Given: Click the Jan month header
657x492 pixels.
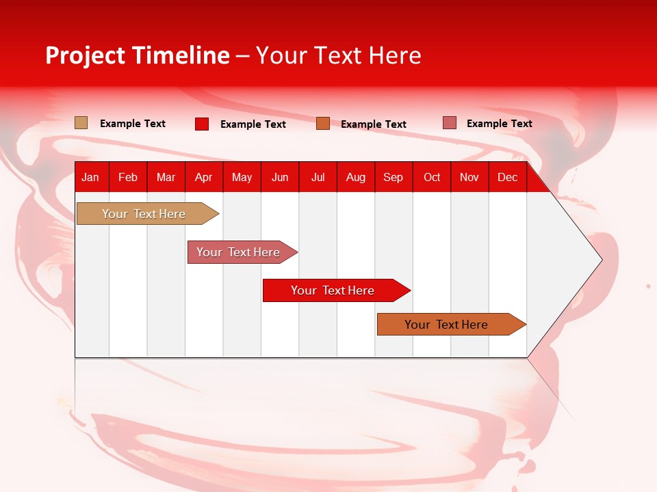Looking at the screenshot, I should pyautogui.click(x=90, y=178).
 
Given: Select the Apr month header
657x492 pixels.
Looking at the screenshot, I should pyautogui.click(x=204, y=178).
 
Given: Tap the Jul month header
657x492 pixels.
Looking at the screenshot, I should pyautogui.click(x=318, y=178).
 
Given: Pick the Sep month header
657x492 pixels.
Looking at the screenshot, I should pyautogui.click(x=393, y=178).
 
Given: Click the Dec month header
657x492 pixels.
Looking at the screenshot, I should pyautogui.click(x=507, y=178).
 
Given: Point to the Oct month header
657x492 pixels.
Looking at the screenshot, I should pyautogui.click(x=432, y=178).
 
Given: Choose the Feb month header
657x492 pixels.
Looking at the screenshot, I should pyautogui.click(x=128, y=178).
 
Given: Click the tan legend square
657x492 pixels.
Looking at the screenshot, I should pyautogui.click(x=81, y=123).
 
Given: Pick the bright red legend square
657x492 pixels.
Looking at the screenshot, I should pyautogui.click(x=202, y=124).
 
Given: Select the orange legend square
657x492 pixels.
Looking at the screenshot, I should pyautogui.click(x=323, y=124).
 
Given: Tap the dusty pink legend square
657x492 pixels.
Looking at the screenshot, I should pyautogui.click(x=450, y=123).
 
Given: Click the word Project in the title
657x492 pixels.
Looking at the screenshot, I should pyautogui.click(x=85, y=55).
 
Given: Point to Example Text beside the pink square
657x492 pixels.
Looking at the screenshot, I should pyautogui.click(x=499, y=124).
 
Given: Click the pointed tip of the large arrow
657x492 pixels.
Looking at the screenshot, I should pyautogui.click(x=600, y=260).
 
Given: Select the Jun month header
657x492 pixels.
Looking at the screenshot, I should pyautogui.click(x=280, y=178).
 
